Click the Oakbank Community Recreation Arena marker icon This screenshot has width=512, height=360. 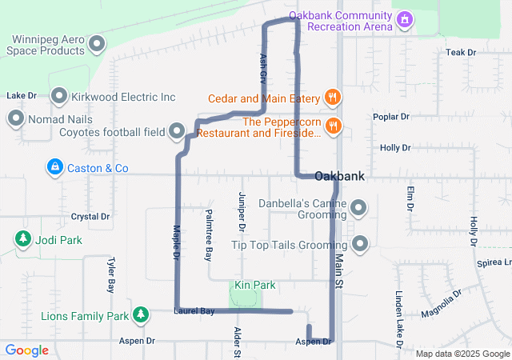point(406,18)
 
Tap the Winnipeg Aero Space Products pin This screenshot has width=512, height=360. point(98,43)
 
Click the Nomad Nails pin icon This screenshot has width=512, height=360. point(15,119)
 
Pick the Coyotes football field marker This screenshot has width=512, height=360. point(178,130)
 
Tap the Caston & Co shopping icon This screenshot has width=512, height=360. point(55,168)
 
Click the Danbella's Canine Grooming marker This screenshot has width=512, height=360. point(359,209)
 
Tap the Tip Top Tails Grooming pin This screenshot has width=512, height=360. point(359,243)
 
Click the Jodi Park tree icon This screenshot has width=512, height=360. point(24,239)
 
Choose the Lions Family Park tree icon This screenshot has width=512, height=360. point(141,314)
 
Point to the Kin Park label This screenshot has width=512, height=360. point(254,285)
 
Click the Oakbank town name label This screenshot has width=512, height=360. point(340,176)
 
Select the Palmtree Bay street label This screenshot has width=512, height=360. point(208,235)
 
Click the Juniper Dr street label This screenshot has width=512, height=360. point(242,213)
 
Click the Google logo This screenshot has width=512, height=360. point(27,350)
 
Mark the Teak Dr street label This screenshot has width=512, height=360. point(461,53)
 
